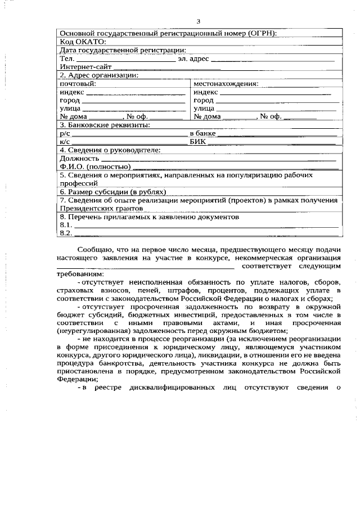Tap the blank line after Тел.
click(125, 58)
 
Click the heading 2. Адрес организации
click(99, 75)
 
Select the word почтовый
click(78, 83)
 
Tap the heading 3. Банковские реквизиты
click(105, 124)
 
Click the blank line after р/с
click(129, 134)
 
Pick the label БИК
click(197, 142)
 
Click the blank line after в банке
click(276, 134)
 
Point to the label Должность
click(79, 159)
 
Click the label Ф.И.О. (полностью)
click(95, 166)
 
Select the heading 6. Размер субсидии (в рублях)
click(112, 192)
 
